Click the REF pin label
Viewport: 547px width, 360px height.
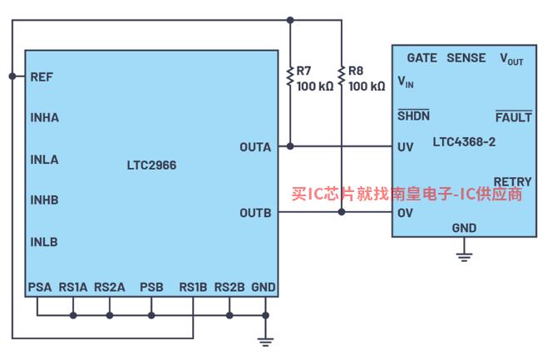42,77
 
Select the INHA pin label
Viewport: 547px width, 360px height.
45,117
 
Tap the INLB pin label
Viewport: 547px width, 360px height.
44,242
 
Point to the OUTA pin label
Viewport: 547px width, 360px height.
255,147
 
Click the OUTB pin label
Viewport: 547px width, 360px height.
255,213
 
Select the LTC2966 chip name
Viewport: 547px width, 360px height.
152,165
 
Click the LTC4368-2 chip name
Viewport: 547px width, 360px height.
464,142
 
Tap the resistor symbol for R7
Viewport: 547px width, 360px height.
290,76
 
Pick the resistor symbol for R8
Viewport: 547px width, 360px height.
342,76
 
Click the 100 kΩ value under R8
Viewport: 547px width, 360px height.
367,86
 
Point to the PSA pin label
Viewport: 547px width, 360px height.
40,287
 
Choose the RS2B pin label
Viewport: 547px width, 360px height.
229,287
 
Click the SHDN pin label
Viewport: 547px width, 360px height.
414,115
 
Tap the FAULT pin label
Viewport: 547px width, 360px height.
514,116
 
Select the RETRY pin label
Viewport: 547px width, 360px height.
513,182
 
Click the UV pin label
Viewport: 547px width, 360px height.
406,147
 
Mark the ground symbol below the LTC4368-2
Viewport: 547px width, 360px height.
464,257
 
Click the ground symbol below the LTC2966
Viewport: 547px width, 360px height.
265,342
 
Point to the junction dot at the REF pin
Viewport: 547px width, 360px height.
12,76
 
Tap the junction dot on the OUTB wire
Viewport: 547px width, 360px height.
342,212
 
